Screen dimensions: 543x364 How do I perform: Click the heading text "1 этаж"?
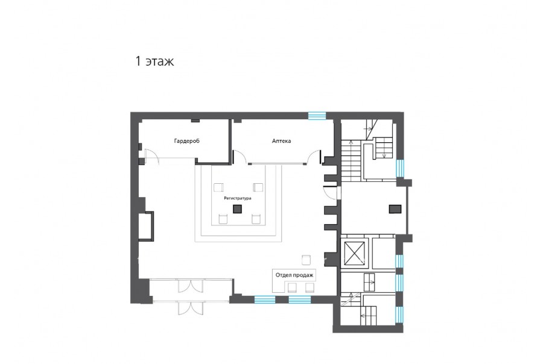pyautogui.click(x=154, y=61)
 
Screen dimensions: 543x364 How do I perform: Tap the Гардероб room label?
pyautogui.click(x=186, y=141)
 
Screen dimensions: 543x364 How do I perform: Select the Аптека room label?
pyautogui.click(x=281, y=141)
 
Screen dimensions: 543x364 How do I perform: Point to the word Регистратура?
pyautogui.click(x=238, y=198)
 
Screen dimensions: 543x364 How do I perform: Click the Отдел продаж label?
pyautogui.click(x=294, y=275)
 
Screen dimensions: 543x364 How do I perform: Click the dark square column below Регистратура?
pyautogui.click(x=237, y=209)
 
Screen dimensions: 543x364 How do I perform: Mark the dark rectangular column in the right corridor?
pyautogui.click(x=395, y=209)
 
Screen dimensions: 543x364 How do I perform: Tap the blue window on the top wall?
pyautogui.click(x=317, y=116)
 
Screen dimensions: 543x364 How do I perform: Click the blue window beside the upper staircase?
pyautogui.click(x=400, y=168)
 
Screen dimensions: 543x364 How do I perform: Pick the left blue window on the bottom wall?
pyautogui.click(x=265, y=300)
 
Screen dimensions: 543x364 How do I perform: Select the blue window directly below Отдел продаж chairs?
pyautogui.click(x=300, y=300)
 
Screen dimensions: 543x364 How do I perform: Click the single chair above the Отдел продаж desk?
pyautogui.click(x=306, y=260)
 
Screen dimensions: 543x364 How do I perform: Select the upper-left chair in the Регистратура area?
pyautogui.click(x=219, y=187)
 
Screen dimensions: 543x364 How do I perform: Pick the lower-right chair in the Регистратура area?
pyautogui.click(x=256, y=219)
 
